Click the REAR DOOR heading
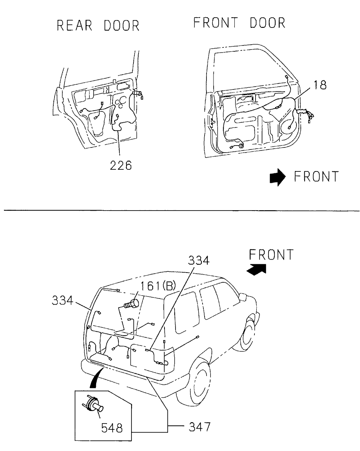(x=98, y=25)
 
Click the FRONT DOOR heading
(x=239, y=23)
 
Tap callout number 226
(x=121, y=165)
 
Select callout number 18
(x=320, y=85)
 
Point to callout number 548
(x=112, y=428)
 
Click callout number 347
(x=199, y=427)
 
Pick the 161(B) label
(x=158, y=286)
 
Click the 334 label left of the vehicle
(x=62, y=301)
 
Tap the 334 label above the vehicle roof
(x=199, y=260)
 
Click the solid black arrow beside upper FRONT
(x=278, y=177)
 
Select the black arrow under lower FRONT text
(x=257, y=269)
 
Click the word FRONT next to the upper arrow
(x=316, y=176)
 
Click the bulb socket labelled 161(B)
(x=132, y=304)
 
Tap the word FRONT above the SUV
(x=271, y=255)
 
